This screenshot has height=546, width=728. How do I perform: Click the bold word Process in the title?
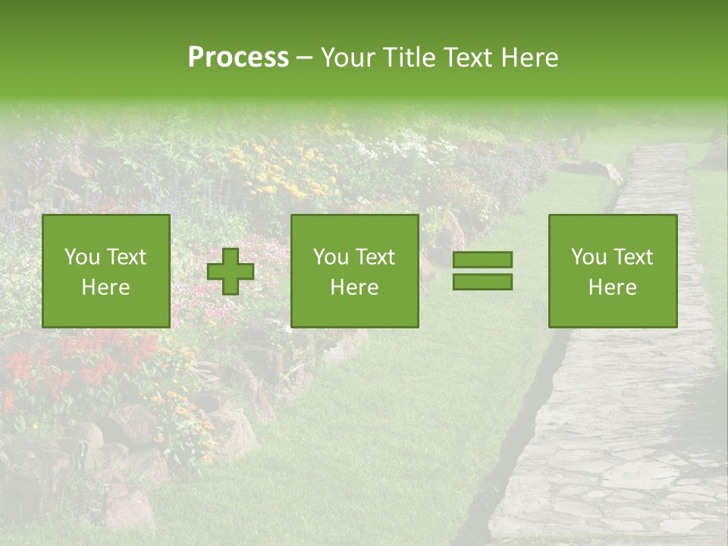[238, 58]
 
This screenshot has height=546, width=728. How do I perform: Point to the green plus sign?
[231, 271]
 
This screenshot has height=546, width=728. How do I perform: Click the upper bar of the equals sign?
[482, 259]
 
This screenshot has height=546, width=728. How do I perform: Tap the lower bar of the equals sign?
[482, 281]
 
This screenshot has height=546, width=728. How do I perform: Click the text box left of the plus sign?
[105, 271]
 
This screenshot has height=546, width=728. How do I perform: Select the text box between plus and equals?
[354, 271]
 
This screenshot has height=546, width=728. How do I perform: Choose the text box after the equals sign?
[612, 271]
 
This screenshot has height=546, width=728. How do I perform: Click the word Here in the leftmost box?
[105, 287]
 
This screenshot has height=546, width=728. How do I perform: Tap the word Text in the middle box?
[375, 257]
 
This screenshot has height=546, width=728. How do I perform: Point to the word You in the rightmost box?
[588, 257]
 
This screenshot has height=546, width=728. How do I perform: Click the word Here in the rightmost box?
[612, 287]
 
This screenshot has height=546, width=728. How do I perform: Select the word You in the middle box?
[331, 257]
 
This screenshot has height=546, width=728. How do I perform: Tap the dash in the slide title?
[304, 58]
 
